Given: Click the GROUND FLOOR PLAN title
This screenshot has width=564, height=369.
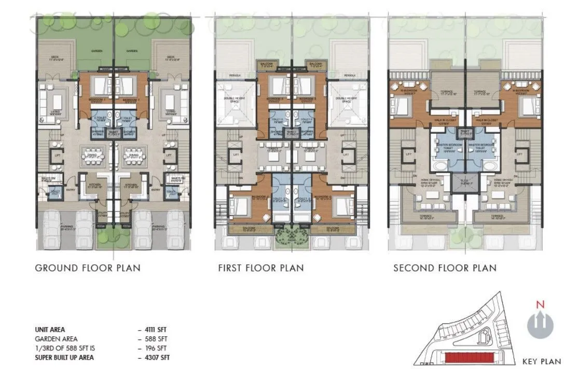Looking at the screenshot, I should [x=87, y=268].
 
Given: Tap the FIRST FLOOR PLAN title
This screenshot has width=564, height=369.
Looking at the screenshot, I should [x=261, y=268].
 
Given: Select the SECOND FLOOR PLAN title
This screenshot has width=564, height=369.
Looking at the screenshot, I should [x=445, y=268].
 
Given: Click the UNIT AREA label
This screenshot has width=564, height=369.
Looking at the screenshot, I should [x=50, y=330].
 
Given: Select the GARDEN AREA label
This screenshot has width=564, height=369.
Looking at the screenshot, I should [x=54, y=339].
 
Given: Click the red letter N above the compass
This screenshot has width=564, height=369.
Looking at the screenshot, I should [x=541, y=304].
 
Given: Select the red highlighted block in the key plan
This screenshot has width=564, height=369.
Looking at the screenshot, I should [x=471, y=358].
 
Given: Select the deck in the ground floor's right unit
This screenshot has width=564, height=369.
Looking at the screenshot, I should [x=171, y=58].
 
